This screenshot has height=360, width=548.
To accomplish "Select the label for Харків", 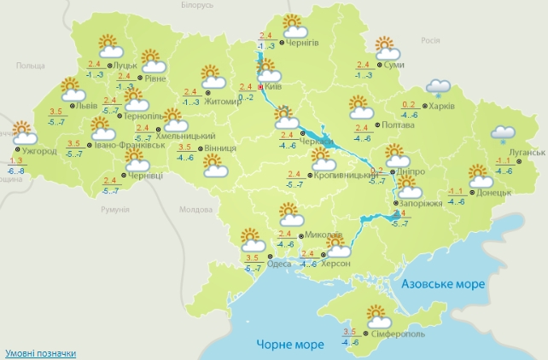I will click(x=442, y=106).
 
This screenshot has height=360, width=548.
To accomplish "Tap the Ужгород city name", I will click(x=39, y=151).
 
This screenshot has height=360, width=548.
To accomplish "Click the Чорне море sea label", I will click(x=290, y=345).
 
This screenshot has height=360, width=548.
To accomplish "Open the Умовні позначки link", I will click(x=40, y=352).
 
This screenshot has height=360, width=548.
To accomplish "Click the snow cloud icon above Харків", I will click(x=439, y=87).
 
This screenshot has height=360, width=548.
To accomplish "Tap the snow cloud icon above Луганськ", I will click(x=503, y=134).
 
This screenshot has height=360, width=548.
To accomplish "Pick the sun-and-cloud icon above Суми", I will click(x=387, y=46).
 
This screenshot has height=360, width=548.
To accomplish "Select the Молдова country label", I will click(x=195, y=209).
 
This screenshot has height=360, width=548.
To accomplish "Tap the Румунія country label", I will click(x=114, y=209).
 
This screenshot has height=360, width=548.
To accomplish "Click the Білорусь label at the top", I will click(x=198, y=5).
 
